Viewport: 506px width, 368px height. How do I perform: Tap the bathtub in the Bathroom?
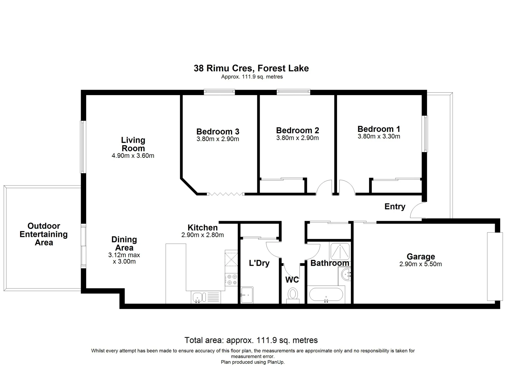point(326,295)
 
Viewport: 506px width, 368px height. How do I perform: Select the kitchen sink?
point(198,297)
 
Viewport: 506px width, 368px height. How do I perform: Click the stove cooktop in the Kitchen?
point(232,280)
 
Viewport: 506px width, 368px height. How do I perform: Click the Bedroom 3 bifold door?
point(226,194)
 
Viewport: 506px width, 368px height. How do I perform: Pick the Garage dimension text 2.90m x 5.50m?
point(420,264)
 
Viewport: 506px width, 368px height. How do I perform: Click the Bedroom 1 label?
point(379,129)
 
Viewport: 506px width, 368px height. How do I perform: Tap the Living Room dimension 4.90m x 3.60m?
point(133,156)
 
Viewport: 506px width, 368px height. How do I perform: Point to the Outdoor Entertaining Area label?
point(44,234)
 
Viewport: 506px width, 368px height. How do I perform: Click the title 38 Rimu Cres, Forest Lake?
point(251,68)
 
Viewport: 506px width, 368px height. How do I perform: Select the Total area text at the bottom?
point(251,340)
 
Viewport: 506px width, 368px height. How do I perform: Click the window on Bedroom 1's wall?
point(425,134)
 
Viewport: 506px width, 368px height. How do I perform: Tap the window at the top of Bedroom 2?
point(293,91)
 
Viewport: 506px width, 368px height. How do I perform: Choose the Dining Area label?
point(124,244)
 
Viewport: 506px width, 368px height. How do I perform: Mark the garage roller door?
point(495,266)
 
